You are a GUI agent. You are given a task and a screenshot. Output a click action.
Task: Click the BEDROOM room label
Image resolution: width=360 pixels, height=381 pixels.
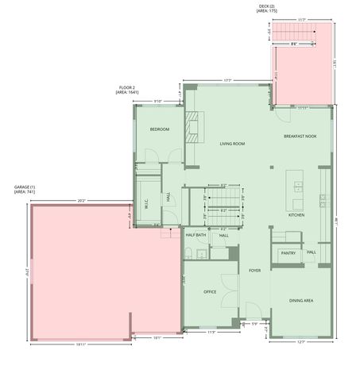(160, 129)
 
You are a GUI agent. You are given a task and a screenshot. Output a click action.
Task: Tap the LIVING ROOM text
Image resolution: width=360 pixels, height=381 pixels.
(232, 144)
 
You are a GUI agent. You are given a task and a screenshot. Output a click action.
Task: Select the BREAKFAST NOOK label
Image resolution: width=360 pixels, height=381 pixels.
(301, 137)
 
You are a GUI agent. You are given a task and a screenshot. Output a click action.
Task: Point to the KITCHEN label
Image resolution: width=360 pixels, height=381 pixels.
(296, 215)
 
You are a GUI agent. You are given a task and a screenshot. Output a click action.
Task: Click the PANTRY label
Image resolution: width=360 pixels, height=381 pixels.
(288, 253)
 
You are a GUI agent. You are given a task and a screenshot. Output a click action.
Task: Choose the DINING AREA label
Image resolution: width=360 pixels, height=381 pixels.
(300, 301)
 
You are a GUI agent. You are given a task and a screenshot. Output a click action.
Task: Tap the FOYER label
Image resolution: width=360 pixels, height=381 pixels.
(254, 271)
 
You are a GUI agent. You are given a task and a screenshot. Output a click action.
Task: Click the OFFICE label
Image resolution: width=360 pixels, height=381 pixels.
(210, 291)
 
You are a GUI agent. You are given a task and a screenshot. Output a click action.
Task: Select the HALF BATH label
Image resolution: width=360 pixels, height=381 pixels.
(196, 235)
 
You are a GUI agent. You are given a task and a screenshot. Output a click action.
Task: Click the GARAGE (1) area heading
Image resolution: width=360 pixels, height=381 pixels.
(24, 189)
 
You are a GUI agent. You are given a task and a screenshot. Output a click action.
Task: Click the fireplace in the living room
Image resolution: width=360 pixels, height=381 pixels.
(193, 125)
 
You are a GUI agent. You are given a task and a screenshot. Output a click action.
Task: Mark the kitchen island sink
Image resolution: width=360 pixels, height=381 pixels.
(298, 187)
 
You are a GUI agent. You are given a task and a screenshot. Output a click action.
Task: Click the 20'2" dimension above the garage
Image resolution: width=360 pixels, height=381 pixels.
(82, 201)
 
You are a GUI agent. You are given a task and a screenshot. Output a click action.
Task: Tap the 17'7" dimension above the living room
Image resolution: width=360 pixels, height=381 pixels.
(227, 80)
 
